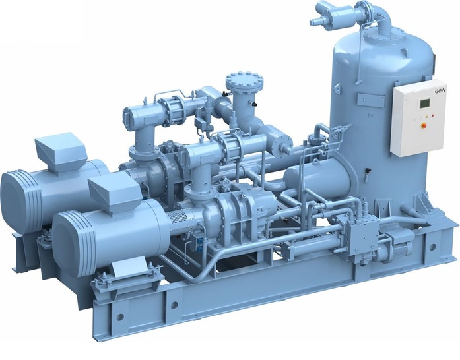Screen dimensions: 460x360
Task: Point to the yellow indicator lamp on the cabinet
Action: (427, 117)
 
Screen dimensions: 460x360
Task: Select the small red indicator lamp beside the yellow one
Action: (433, 116)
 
